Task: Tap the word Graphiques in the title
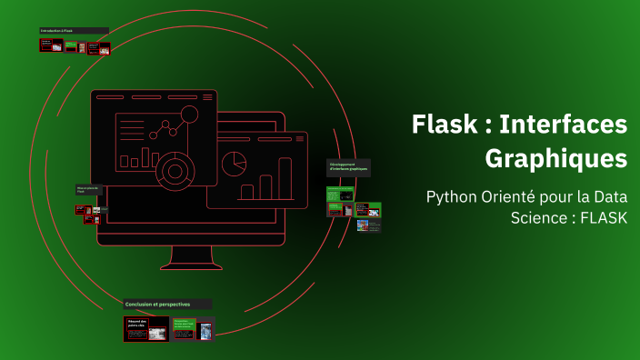coord(555,157)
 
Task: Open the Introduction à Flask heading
coord(73,31)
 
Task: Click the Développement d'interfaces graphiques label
coord(349,166)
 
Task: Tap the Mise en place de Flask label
coord(89,190)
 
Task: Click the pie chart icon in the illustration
coord(236,164)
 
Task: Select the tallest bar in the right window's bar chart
coord(285,178)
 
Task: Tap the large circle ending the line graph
coord(190,114)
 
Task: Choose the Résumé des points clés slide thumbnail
coord(146,328)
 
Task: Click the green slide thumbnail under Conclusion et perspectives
coord(184,328)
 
